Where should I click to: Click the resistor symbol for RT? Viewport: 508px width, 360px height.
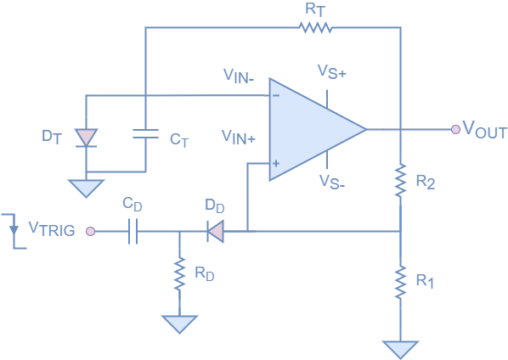click(x=315, y=27)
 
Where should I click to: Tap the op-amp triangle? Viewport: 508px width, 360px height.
click(x=311, y=130)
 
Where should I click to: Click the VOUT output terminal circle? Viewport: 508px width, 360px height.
click(x=456, y=129)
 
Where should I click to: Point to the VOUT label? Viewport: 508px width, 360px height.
click(x=485, y=132)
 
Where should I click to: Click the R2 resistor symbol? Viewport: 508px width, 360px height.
click(x=400, y=181)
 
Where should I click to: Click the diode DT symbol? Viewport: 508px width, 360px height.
click(x=86, y=138)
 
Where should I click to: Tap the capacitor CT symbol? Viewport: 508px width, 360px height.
click(x=145, y=133)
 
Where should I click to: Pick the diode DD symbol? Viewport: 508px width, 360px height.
click(x=216, y=230)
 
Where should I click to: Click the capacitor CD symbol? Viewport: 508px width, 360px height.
click(x=133, y=230)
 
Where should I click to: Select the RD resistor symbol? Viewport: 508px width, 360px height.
click(x=179, y=273)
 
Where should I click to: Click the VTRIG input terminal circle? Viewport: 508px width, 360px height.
click(x=90, y=230)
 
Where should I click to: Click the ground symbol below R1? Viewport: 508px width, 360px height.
click(x=400, y=349)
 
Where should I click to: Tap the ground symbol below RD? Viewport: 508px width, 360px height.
click(x=179, y=323)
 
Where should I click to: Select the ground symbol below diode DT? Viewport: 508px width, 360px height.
click(x=86, y=188)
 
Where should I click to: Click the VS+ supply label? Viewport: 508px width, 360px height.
click(x=331, y=72)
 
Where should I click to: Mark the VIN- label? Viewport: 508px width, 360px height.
click(x=240, y=76)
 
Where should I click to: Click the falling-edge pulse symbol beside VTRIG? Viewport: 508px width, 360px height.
click(x=14, y=229)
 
